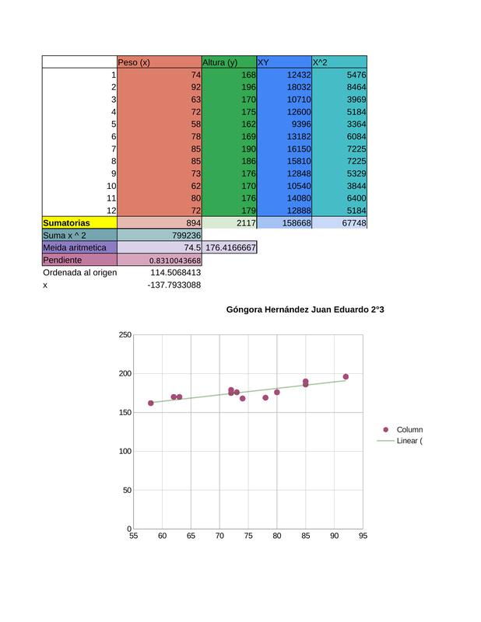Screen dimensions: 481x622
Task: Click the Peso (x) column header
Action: pos(134,62)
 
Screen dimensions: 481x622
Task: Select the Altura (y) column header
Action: pos(219,62)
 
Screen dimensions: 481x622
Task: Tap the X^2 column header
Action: pos(320,62)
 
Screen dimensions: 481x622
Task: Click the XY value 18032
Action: pos(299,87)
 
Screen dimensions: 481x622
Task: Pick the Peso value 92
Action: pos(196,87)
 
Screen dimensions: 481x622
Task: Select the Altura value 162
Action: pos(248,124)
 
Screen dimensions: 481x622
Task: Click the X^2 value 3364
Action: pos(356,124)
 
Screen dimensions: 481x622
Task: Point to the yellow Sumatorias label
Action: pos(66,223)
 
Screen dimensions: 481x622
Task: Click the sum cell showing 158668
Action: pos(297,223)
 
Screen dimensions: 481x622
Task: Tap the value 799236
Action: pos(186,236)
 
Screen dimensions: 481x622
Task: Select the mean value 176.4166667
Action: pos(230,247)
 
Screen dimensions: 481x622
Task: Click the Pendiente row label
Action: pos(62,260)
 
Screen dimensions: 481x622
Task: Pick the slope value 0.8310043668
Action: pos(175,260)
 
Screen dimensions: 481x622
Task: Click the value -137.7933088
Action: pos(174,285)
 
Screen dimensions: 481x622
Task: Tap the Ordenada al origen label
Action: pos(80,273)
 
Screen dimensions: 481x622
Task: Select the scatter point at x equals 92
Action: pos(346,377)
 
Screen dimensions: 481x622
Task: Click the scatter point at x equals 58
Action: pos(150,403)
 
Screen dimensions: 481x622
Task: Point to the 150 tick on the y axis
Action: pos(125,413)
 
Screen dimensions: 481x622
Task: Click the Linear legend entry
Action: pos(399,441)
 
